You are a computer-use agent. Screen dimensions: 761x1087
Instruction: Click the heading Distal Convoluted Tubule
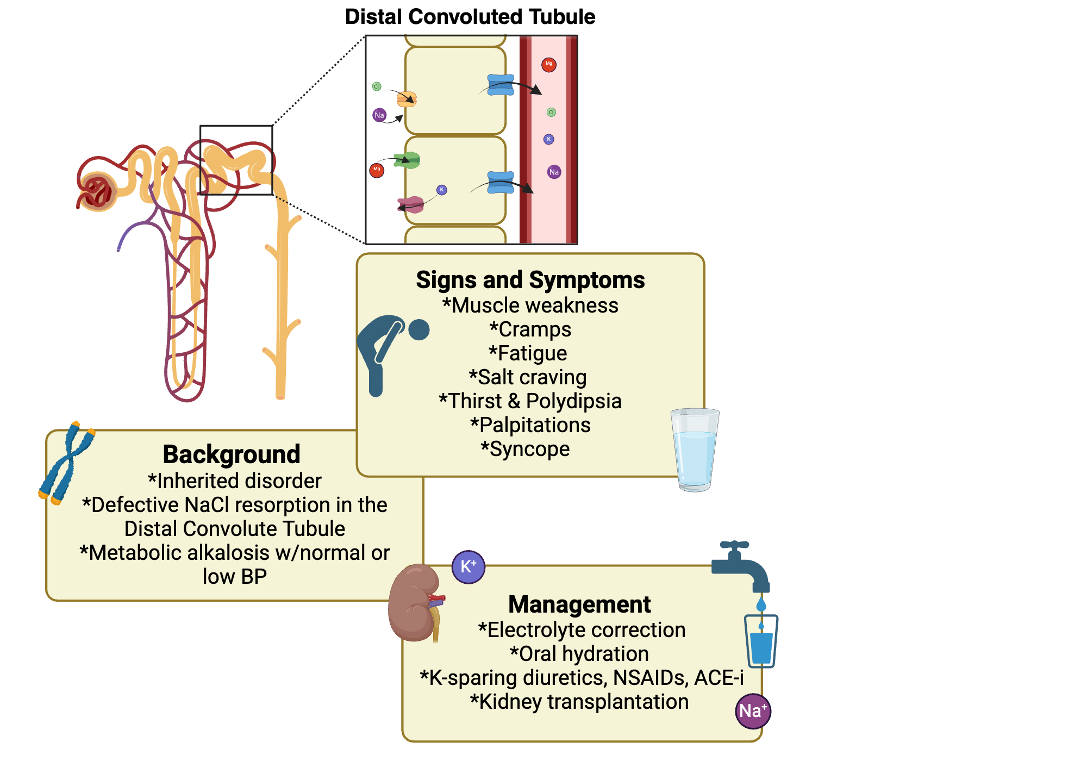tap(470, 17)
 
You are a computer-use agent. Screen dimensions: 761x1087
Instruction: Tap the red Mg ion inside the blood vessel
tap(549, 65)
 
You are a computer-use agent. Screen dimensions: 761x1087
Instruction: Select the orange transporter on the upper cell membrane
tap(407, 99)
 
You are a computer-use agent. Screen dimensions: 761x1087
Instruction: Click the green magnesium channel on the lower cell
tap(408, 160)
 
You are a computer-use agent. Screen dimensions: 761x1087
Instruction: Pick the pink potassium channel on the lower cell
tap(411, 205)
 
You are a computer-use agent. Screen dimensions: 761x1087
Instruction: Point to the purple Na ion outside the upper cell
tap(379, 115)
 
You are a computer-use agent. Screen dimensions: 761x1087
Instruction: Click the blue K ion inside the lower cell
tap(442, 190)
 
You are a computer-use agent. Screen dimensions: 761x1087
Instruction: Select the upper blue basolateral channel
tap(501, 85)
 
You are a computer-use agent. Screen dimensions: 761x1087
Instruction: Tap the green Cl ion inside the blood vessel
tap(551, 113)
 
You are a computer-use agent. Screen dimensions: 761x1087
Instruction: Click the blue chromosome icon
tap(66, 463)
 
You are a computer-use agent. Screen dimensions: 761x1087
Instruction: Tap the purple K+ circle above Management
tap(468, 567)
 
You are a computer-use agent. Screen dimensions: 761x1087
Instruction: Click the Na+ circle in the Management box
tap(753, 711)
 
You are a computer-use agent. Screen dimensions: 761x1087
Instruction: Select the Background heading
tap(232, 454)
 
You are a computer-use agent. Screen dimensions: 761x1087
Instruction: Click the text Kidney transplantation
tap(579, 702)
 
